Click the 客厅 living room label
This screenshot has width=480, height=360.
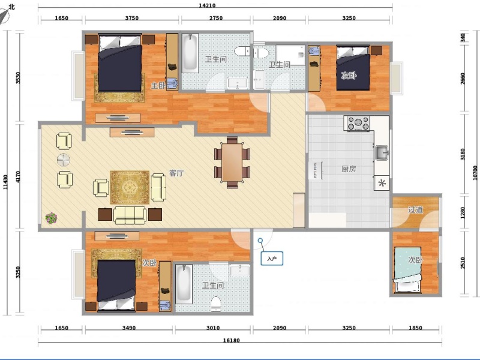click(x=176, y=173)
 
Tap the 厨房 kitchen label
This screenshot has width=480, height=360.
click(x=349, y=169)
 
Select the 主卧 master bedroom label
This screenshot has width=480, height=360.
click(x=158, y=86)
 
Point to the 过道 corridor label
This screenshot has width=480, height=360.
click(x=415, y=209)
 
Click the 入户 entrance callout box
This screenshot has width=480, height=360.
click(x=272, y=259)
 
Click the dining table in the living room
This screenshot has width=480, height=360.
click(x=232, y=162)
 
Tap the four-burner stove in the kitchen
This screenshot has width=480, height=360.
click(x=358, y=123)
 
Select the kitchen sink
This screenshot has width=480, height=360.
click(x=382, y=152)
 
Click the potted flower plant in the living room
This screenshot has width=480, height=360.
click(x=51, y=218)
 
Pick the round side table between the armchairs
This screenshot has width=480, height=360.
click(x=64, y=160)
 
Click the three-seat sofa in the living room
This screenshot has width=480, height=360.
click(x=130, y=215)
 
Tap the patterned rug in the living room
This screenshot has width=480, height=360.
click(x=130, y=187)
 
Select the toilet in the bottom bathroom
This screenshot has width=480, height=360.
click(x=216, y=304)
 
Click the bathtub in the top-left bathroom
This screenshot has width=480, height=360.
click(x=190, y=53)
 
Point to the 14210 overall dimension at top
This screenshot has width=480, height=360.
click(x=207, y=5)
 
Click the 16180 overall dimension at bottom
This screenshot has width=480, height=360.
click(x=232, y=340)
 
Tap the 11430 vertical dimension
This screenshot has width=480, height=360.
click(x=5, y=182)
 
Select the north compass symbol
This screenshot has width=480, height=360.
click(x=7, y=13)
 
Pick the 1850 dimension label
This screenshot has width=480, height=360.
click(x=415, y=328)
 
